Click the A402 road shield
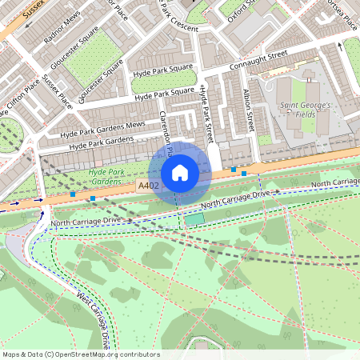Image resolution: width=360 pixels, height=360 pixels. coord(147,186)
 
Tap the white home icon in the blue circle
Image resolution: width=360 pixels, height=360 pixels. coord(180,173)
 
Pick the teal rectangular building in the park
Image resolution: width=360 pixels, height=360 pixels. coord(194,218)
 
